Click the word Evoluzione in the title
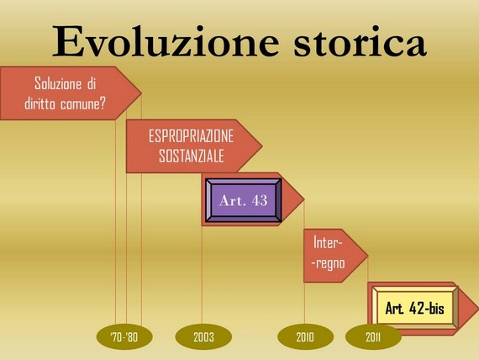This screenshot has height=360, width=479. click(x=166, y=42)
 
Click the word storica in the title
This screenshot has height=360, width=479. click(x=360, y=42)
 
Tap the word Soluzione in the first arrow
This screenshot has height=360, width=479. click(x=58, y=83)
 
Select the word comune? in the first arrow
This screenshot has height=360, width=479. click(x=83, y=104)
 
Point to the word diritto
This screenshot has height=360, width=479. click(x=39, y=103)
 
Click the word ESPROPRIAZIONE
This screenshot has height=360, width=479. click(x=191, y=136)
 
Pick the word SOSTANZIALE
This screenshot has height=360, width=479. click(x=192, y=156)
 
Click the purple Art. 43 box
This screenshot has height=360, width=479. click(x=244, y=200)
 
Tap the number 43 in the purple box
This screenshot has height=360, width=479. click(x=260, y=201)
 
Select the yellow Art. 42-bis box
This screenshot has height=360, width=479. click(x=415, y=308)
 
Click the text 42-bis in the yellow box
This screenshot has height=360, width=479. click(x=427, y=308)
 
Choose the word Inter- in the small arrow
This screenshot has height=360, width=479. click(x=328, y=243)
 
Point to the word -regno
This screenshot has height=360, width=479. click(x=329, y=263)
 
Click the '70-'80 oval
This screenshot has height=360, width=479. click(x=124, y=336)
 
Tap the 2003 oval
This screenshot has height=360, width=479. click(x=203, y=336)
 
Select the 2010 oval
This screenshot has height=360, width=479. click(x=305, y=336)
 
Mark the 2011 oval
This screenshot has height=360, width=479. click(x=373, y=336)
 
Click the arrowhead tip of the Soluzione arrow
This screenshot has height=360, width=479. click(x=141, y=93)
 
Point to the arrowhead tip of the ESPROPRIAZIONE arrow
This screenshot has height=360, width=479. click(x=262, y=146)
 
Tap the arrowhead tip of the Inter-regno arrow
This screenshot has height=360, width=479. click(x=368, y=256)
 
